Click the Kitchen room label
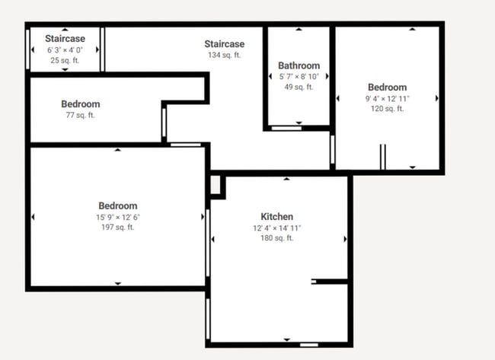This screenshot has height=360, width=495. click(277, 217)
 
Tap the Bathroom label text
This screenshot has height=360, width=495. click(299, 65)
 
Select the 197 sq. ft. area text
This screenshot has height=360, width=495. click(118, 227)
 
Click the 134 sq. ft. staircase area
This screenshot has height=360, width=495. click(224, 55)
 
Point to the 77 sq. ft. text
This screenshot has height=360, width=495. click(81, 115)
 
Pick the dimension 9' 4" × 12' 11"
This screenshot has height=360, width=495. click(387, 99)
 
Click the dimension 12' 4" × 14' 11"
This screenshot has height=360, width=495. click(277, 228)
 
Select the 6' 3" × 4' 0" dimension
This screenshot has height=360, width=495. click(65, 49)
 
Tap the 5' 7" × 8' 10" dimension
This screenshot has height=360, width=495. click(299, 76)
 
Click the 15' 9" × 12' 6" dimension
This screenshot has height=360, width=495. click(118, 217)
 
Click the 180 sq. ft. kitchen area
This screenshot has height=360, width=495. click(277, 238)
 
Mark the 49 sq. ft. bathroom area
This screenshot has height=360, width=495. click(299, 87)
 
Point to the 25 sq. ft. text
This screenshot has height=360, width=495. click(65, 60)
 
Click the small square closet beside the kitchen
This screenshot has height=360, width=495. click(216, 185)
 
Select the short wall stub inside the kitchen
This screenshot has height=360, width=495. click(329, 282)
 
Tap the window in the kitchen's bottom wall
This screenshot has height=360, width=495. click(309, 345)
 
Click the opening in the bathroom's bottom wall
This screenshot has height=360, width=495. click(286, 128)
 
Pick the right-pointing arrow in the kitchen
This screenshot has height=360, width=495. click(346, 239)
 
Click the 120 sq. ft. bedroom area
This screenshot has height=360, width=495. click(387, 109)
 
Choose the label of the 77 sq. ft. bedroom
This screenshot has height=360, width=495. click(81, 104)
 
